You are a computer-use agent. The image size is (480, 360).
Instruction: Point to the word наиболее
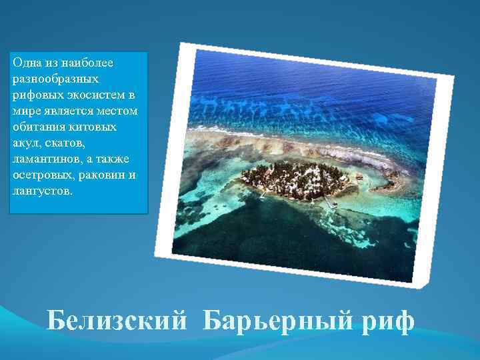tap(89, 63)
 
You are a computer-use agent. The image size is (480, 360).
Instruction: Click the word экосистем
tap(93, 94)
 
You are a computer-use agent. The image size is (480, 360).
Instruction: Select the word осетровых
tap(41, 174)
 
